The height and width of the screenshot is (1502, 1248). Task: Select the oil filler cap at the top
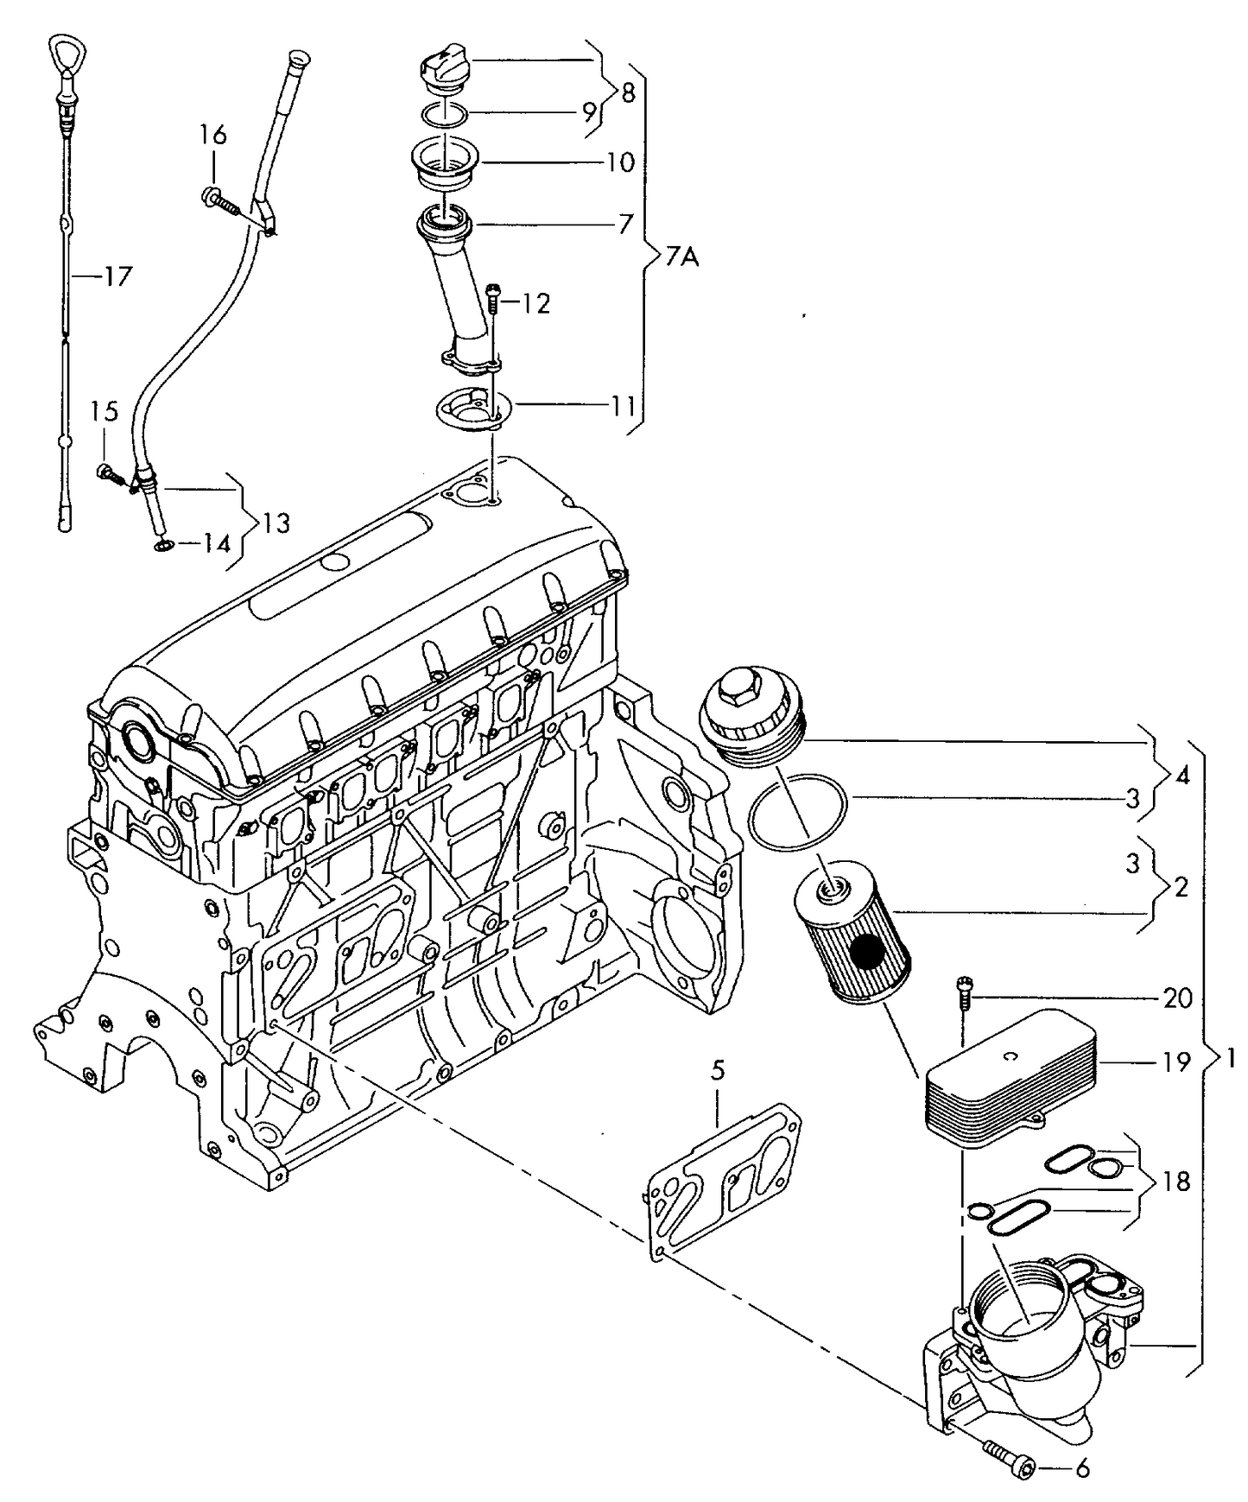point(440,68)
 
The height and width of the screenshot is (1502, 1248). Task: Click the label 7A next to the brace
point(682,257)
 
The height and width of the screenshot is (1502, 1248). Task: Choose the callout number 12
point(535,303)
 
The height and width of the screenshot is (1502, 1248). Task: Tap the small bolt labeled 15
point(107,472)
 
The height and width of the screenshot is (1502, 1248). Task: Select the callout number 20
point(1177,998)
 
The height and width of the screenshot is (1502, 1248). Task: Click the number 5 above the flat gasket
point(719,1071)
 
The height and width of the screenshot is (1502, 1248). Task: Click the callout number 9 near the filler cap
point(587,111)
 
